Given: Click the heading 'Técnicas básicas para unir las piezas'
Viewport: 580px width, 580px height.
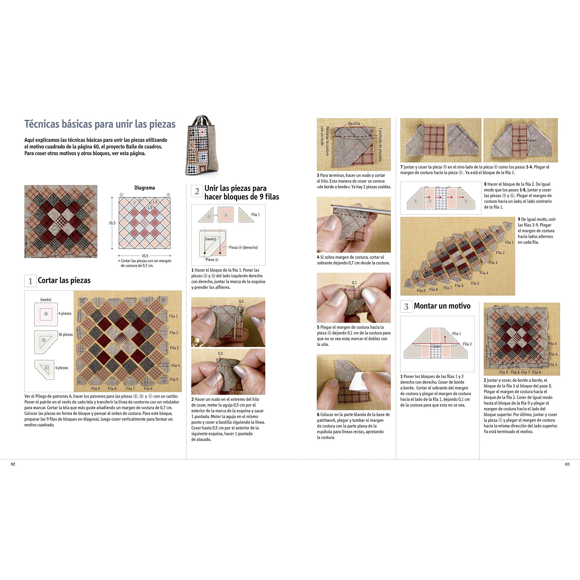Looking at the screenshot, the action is [100, 124].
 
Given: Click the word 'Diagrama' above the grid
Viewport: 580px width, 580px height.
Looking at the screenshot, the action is [145, 188].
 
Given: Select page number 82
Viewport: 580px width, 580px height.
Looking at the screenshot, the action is [13, 464].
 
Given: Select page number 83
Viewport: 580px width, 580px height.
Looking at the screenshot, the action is [567, 464].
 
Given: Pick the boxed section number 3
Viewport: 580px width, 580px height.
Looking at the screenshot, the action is [406, 307].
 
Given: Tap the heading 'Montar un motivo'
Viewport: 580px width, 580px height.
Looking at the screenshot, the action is [442, 306].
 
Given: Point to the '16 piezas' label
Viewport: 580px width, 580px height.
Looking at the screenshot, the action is [66, 334].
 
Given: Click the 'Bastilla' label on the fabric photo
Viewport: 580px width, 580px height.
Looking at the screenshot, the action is [354, 123].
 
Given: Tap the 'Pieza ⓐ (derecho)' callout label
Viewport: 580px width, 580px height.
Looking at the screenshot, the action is [243, 247].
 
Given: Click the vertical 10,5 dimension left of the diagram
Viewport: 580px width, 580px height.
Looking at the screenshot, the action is [112, 223].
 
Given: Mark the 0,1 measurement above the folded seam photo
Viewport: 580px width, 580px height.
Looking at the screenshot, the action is [354, 283].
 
